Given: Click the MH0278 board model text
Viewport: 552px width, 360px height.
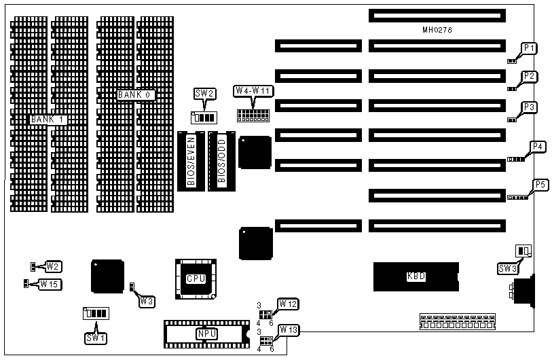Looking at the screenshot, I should coord(437,31).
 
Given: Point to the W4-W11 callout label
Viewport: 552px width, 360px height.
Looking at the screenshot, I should coord(253,91).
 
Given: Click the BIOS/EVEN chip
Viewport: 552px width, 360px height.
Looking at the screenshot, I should coord(191,161).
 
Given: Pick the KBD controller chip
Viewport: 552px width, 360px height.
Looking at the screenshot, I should coord(416,276).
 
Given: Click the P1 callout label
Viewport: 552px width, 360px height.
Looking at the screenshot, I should coord(530,48).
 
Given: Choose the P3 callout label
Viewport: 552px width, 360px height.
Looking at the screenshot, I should coord(530,107).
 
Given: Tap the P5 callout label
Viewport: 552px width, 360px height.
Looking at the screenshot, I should coord(540,185).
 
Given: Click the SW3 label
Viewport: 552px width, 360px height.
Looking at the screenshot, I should coord(507,269).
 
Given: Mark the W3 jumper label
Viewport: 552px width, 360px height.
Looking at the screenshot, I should coord(147,301).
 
